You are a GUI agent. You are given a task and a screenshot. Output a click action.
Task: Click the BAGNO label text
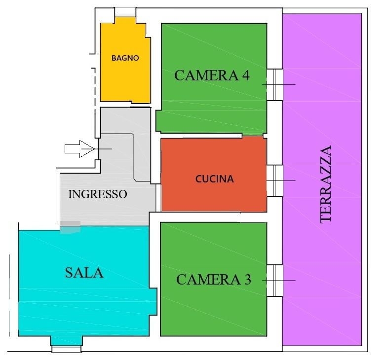coord(125,58)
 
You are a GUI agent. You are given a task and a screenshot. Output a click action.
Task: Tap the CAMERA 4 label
coord(212,75)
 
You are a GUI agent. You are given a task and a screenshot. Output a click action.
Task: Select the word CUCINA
coord(214,179)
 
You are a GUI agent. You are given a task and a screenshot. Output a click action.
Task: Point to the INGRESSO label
coord(97,194)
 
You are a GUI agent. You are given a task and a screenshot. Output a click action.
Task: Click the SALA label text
coord(84,273)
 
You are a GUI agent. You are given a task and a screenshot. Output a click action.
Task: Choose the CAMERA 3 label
coord(214,280)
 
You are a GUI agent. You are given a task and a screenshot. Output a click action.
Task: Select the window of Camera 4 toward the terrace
coord(275,84)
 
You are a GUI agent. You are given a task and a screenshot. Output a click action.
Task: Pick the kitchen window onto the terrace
coord(275,180)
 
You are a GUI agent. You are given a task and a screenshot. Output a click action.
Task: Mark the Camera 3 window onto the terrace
coord(275,281)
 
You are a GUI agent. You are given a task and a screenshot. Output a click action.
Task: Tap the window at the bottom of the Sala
coord(66,349)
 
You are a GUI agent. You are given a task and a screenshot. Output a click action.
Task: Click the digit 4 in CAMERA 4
coord(245,75)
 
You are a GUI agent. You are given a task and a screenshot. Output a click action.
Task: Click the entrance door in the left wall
coord(98,148)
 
